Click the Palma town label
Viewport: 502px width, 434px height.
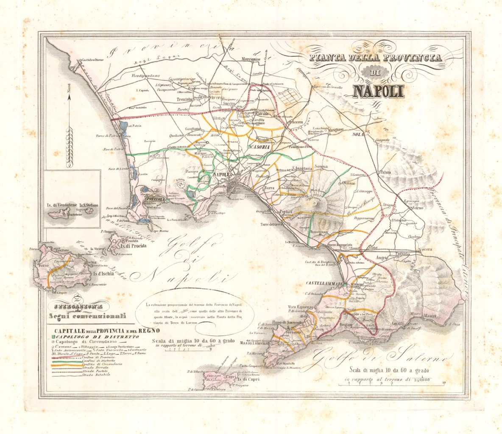pyautogui.click(x=385, y=172)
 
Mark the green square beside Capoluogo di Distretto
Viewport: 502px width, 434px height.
pyautogui.click(x=51, y=336)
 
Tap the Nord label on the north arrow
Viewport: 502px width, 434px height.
pyautogui.click(x=70, y=102)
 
